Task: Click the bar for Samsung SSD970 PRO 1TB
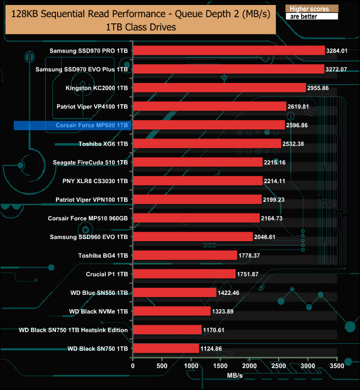pyautogui.click(x=229, y=50)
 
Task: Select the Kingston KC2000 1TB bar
pyautogui.click(x=219, y=87)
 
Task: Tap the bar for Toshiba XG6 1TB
pyautogui.click(x=207, y=144)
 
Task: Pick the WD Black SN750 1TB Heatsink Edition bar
pyautogui.click(x=167, y=330)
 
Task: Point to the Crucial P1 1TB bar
pyautogui.click(x=184, y=274)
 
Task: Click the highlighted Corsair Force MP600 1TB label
pyautogui.click(x=92, y=126)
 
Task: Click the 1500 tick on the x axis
pyautogui.click(x=220, y=366)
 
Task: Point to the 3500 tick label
pyautogui.click(x=337, y=366)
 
